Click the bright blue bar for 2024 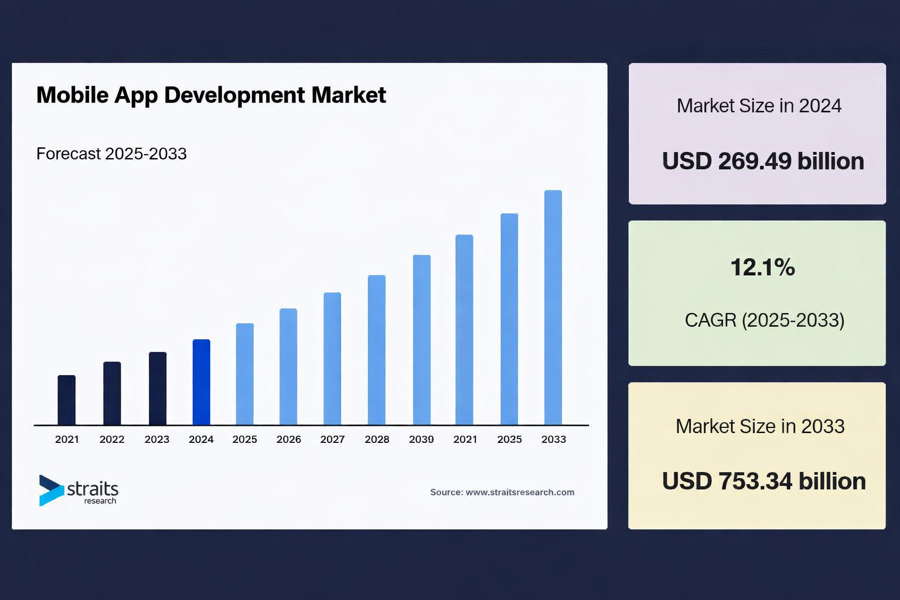point(201,382)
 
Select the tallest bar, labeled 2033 point(553,308)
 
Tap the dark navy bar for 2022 point(112,393)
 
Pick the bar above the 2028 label point(377,350)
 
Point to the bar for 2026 point(288,367)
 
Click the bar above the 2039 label point(422,340)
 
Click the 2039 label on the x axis point(421,439)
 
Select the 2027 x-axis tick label point(332,439)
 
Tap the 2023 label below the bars point(157,439)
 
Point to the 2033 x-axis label point(554,439)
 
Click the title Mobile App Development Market point(211,95)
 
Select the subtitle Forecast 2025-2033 point(111,154)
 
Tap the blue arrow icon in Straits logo point(50,490)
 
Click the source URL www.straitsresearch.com point(520,492)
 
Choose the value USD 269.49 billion point(763,161)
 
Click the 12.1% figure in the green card point(762,267)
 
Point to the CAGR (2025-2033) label point(765,320)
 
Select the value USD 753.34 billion point(763,481)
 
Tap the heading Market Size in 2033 point(760,426)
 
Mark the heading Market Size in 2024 point(759,105)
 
